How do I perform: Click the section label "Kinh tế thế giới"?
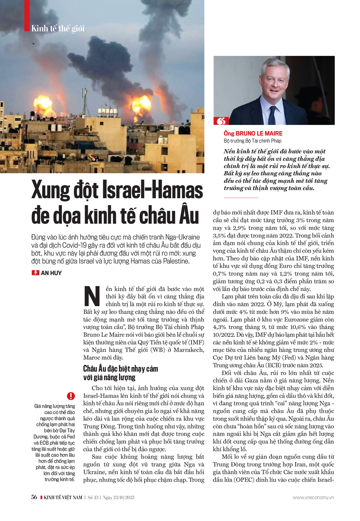(x=58, y=28)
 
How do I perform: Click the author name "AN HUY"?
(x=51, y=273)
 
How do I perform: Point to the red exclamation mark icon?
(x=71, y=396)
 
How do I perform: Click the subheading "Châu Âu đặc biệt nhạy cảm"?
(x=120, y=369)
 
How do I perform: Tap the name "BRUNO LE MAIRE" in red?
(x=259, y=133)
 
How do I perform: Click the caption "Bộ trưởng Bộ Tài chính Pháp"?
(x=252, y=141)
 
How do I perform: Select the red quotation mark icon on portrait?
(x=221, y=121)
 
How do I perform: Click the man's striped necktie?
(x=273, y=115)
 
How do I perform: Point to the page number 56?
(x=34, y=497)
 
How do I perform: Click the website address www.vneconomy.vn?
(x=313, y=498)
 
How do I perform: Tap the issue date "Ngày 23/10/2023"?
(x=119, y=498)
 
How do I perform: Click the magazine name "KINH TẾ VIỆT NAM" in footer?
(x=63, y=498)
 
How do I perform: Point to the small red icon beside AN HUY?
(x=35, y=273)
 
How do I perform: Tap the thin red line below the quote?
(x=241, y=198)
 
